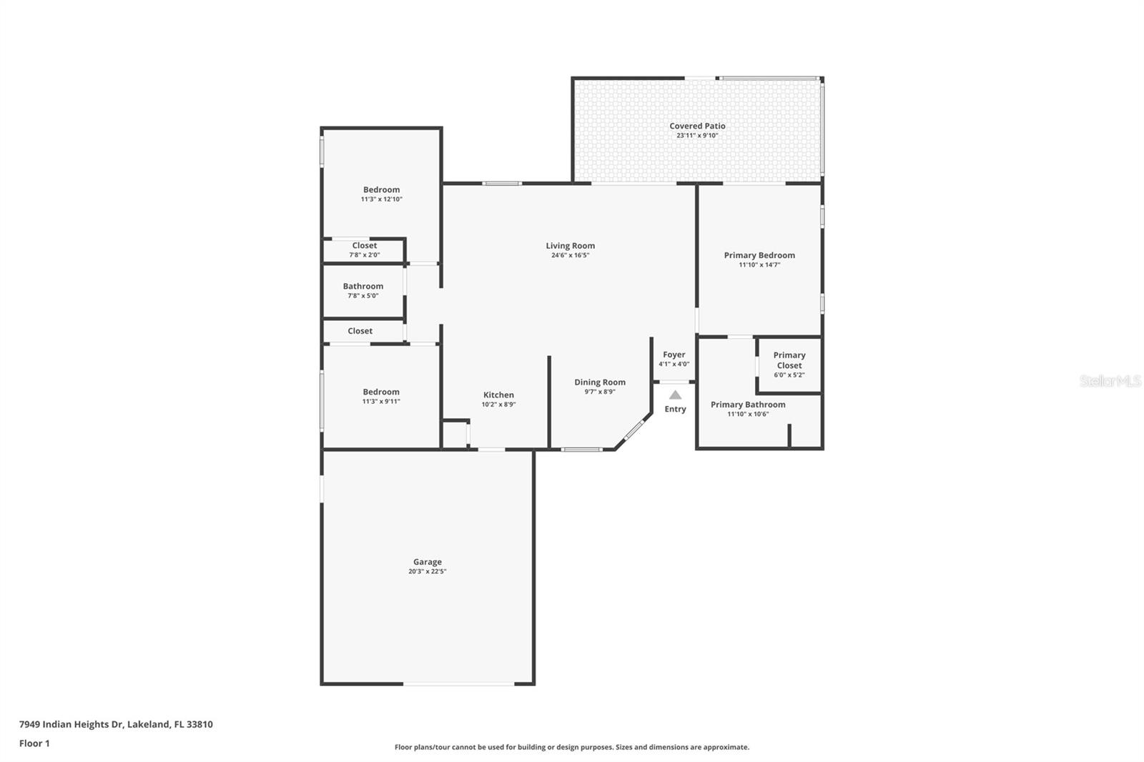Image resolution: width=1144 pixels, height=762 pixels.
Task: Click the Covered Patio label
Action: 697,126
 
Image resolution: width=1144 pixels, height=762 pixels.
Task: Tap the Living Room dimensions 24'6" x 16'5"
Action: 570,255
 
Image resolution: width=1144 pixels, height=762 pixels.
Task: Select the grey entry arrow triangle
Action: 675,395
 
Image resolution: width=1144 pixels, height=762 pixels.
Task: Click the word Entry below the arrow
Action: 675,409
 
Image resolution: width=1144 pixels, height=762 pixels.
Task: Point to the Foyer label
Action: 674,355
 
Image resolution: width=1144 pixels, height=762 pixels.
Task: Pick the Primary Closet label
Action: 789,360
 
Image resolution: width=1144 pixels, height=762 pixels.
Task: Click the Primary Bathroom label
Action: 748,405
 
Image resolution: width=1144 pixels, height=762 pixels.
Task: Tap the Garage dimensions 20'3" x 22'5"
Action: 427,572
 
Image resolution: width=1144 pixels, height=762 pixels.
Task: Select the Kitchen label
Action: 498,395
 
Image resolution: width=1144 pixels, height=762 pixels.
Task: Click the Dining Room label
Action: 600,382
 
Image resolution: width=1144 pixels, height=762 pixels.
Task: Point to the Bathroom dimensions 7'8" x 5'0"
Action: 363,296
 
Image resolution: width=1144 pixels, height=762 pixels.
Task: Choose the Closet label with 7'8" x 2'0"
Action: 364,246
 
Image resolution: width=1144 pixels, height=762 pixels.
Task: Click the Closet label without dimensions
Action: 360,331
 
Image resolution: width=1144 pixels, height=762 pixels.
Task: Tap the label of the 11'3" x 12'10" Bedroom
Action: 382,189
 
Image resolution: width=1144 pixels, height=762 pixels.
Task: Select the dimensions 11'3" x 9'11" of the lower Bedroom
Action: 381,402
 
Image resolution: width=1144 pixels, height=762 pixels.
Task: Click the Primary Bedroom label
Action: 759,255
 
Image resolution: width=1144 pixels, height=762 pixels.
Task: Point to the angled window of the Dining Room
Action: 634,430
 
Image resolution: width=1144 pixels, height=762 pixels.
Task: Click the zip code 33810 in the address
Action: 199,724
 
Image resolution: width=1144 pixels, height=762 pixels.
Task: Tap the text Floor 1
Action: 34,743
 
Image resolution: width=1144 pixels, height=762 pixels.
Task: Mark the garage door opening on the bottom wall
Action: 458,684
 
